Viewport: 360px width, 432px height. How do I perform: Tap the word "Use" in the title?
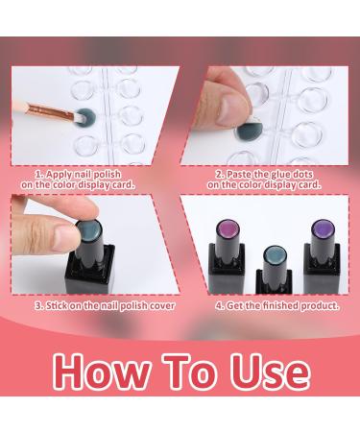[271, 372]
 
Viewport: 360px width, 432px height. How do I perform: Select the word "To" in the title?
[190, 372]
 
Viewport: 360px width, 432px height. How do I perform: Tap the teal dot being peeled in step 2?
[249, 130]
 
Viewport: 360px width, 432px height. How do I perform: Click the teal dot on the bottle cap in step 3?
[89, 228]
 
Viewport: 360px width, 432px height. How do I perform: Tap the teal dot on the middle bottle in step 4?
[275, 255]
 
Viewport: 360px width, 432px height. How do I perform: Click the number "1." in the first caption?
[39, 175]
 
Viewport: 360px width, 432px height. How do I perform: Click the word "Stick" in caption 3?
[57, 306]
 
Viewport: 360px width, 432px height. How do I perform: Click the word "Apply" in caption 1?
[59, 175]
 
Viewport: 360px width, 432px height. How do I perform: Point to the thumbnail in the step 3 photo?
[65, 237]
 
